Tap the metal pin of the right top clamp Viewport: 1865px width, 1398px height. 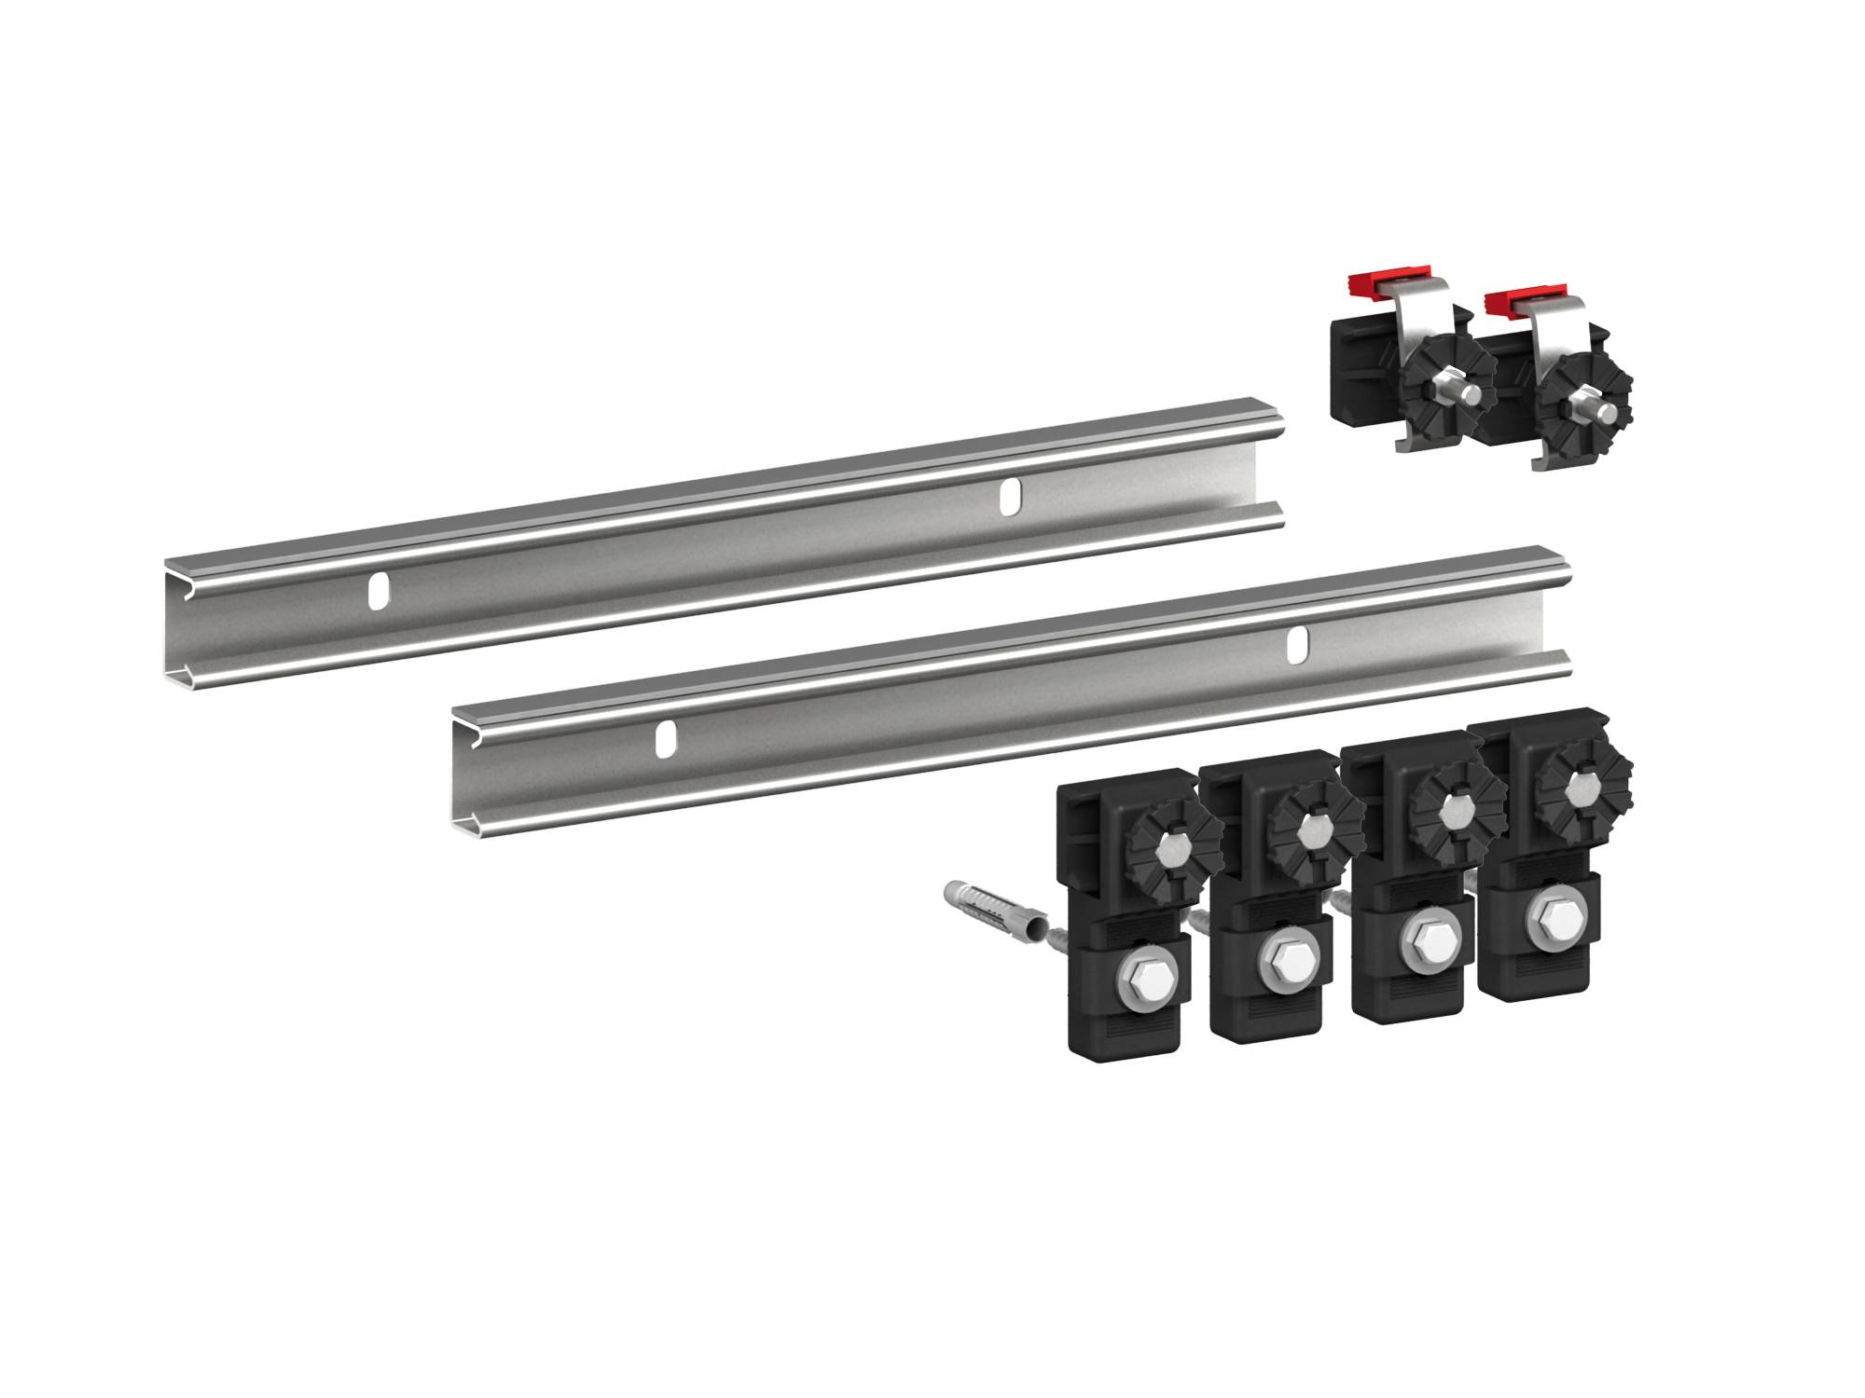1603,411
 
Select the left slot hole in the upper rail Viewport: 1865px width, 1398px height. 379,592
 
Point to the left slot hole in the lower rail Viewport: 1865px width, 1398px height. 665,738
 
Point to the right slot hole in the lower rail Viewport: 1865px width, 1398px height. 1296,645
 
